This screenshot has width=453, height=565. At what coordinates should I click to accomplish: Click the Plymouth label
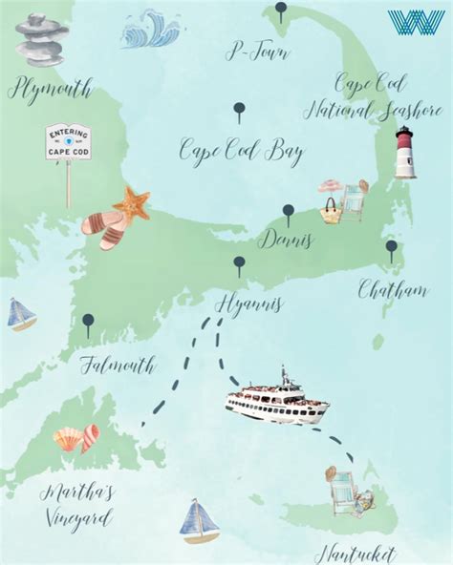(x=51, y=91)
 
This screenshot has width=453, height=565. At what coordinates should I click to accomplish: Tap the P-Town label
(x=257, y=52)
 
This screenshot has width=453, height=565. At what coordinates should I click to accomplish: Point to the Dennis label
(x=285, y=239)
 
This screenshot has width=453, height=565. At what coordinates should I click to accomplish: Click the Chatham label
(x=392, y=289)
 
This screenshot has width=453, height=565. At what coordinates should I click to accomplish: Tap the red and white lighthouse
(x=405, y=153)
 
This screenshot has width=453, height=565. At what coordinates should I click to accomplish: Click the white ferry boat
(x=277, y=398)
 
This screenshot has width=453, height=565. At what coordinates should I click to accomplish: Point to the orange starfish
(x=131, y=203)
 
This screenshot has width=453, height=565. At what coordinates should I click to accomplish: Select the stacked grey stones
(x=41, y=38)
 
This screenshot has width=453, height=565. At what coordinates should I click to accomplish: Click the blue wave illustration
(x=150, y=30)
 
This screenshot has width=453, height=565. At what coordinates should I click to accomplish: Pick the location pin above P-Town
(x=280, y=11)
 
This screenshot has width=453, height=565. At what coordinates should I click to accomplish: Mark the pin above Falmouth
(x=88, y=324)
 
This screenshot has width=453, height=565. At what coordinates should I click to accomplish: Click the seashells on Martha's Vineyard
(x=76, y=439)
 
